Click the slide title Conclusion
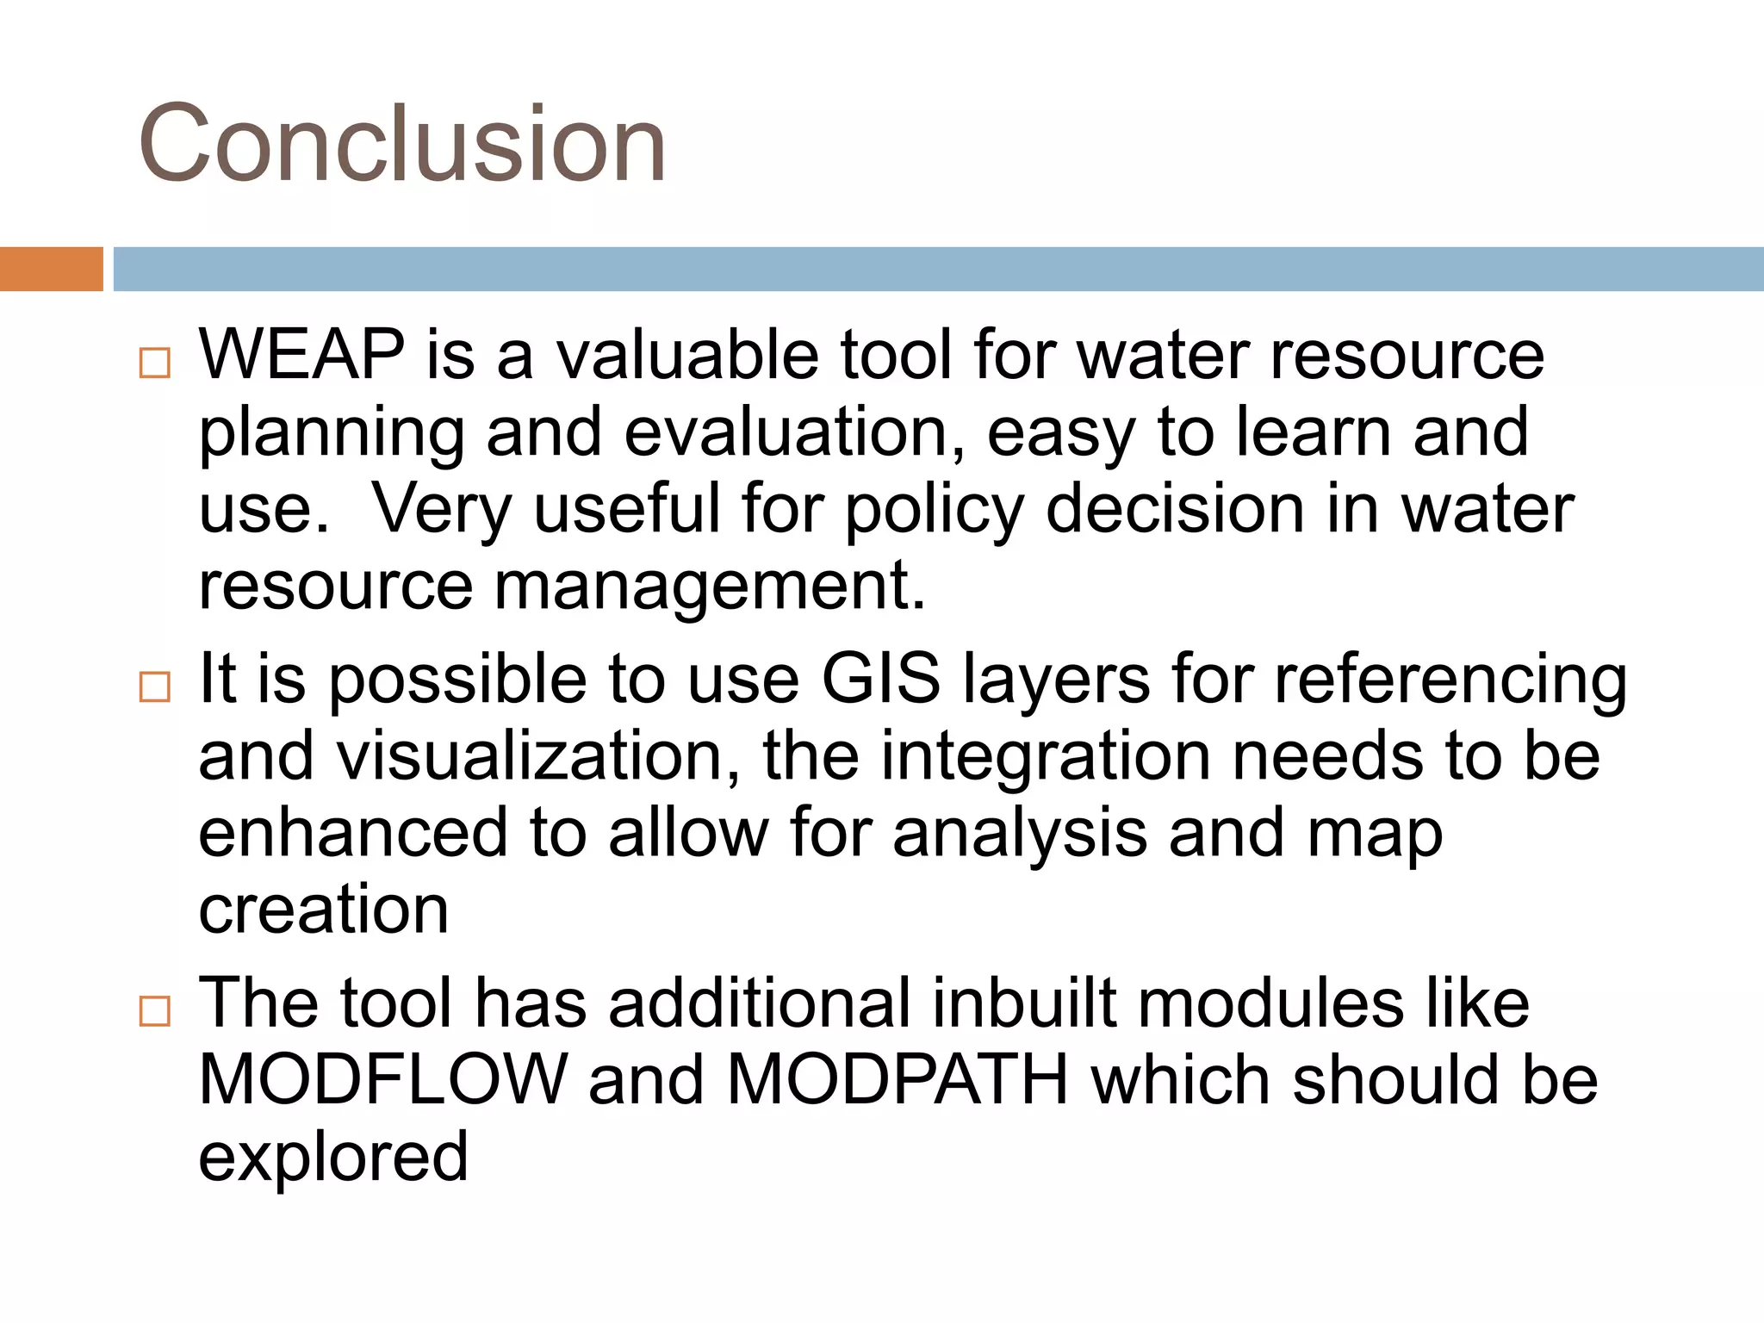401,143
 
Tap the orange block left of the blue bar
51,269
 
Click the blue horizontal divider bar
937,269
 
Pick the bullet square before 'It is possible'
155,686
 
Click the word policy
934,510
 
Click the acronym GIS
880,679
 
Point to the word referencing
1450,680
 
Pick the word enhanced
353,832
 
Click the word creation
323,910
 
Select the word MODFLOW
382,1079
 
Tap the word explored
333,1158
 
